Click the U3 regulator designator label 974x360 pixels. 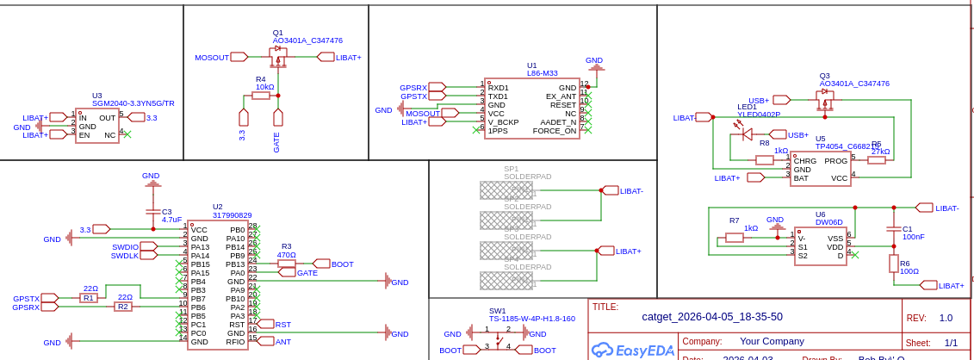97,96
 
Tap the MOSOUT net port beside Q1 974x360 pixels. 239,57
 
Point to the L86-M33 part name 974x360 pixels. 543,73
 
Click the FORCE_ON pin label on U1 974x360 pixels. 555,131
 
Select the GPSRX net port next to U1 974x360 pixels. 437,87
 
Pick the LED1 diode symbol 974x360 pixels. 747,133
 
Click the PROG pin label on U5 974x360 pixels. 835,160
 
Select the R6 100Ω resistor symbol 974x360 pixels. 893,263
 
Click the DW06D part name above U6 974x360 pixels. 830,222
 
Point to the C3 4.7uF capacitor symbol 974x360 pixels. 153,211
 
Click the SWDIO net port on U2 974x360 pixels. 148,246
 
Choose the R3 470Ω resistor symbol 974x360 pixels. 286,264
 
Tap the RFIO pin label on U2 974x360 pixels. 235,342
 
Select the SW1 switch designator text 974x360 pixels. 497,311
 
